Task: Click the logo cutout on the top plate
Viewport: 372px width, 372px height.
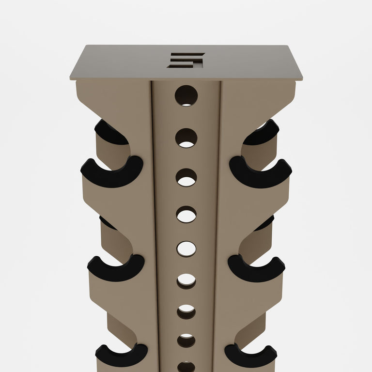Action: click(186, 60)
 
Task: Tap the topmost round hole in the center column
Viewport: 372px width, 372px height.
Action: click(186, 95)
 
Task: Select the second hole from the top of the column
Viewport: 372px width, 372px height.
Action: click(186, 138)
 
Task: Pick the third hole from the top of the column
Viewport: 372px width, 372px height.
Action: click(186, 177)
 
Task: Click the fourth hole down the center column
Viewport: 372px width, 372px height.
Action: click(186, 214)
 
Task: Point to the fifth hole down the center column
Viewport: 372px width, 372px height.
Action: click(186, 249)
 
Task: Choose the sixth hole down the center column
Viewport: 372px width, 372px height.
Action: click(186, 281)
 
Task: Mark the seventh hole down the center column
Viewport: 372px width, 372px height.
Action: click(186, 311)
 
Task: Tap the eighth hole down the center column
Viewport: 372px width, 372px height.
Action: click(186, 341)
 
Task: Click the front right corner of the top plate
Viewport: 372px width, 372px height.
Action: click(301, 78)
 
